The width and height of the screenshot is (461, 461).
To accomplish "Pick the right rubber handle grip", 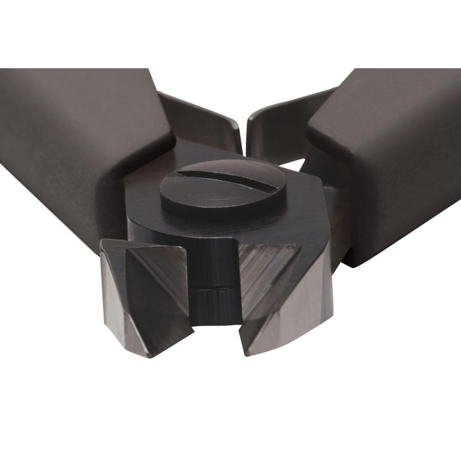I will coord(392,152).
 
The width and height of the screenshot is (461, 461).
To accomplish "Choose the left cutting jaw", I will coord(143,295).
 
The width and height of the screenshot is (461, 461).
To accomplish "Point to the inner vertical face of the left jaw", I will coord(177,286).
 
